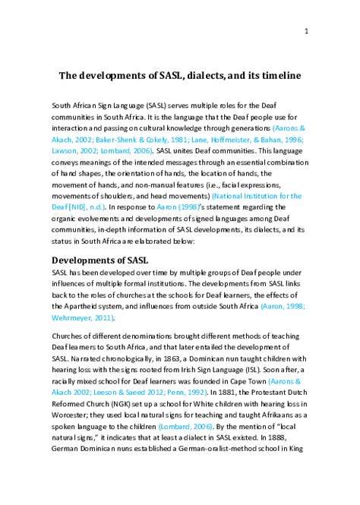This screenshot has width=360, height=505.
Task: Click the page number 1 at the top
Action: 305,31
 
